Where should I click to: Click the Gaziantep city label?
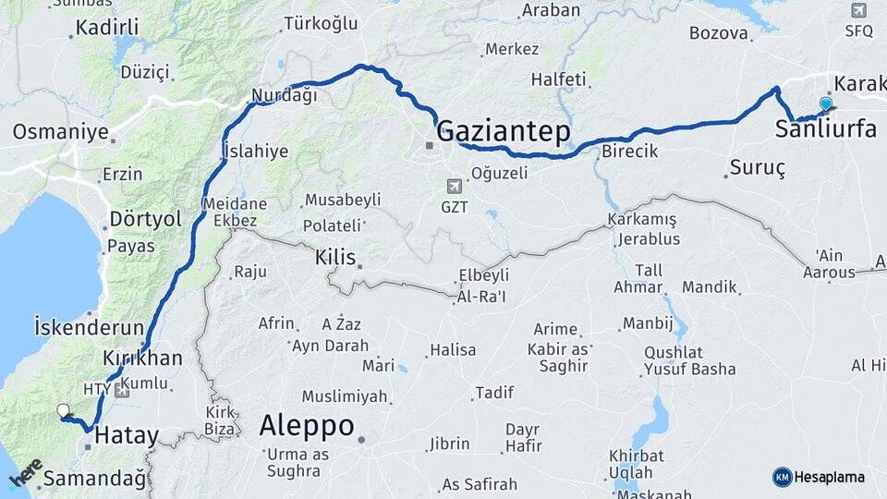503,131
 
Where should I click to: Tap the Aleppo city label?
307,426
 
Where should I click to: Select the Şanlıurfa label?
826,129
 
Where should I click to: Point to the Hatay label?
128,434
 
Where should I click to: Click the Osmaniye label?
60,132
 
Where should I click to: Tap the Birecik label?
629,151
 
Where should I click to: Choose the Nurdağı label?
285,95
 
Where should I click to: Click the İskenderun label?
89,327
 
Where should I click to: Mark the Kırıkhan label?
142,358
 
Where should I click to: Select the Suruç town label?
757,168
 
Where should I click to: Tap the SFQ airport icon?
857,11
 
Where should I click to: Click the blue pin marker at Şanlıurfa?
825,104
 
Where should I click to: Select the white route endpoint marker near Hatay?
63,410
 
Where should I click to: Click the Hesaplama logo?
819,477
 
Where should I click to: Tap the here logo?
25,476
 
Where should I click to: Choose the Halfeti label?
558,79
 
